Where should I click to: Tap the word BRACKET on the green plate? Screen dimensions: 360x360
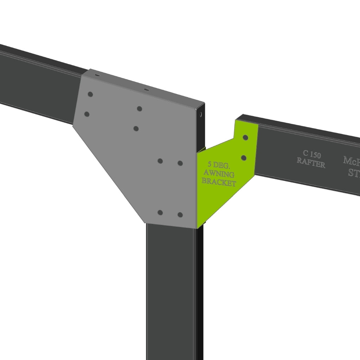tap(219, 183)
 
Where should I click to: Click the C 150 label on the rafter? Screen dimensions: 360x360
tap(311, 155)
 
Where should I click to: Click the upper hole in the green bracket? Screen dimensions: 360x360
tap(246, 137)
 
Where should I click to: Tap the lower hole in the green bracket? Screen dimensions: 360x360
tap(244, 157)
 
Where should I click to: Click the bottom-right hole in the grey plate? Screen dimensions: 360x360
tap(180, 214)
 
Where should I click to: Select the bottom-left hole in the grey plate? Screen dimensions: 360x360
tap(160, 212)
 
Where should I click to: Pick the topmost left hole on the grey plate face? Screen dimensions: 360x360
tap(90, 94)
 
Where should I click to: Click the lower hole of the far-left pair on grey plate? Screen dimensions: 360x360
tap(87, 114)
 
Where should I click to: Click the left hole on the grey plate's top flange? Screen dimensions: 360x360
tap(97, 75)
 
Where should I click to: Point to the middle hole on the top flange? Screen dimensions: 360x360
tap(146, 90)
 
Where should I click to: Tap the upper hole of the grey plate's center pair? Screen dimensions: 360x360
tap(140, 109)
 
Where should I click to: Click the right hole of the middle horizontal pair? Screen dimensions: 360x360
tap(180, 163)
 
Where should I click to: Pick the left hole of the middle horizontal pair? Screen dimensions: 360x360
tap(160, 161)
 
